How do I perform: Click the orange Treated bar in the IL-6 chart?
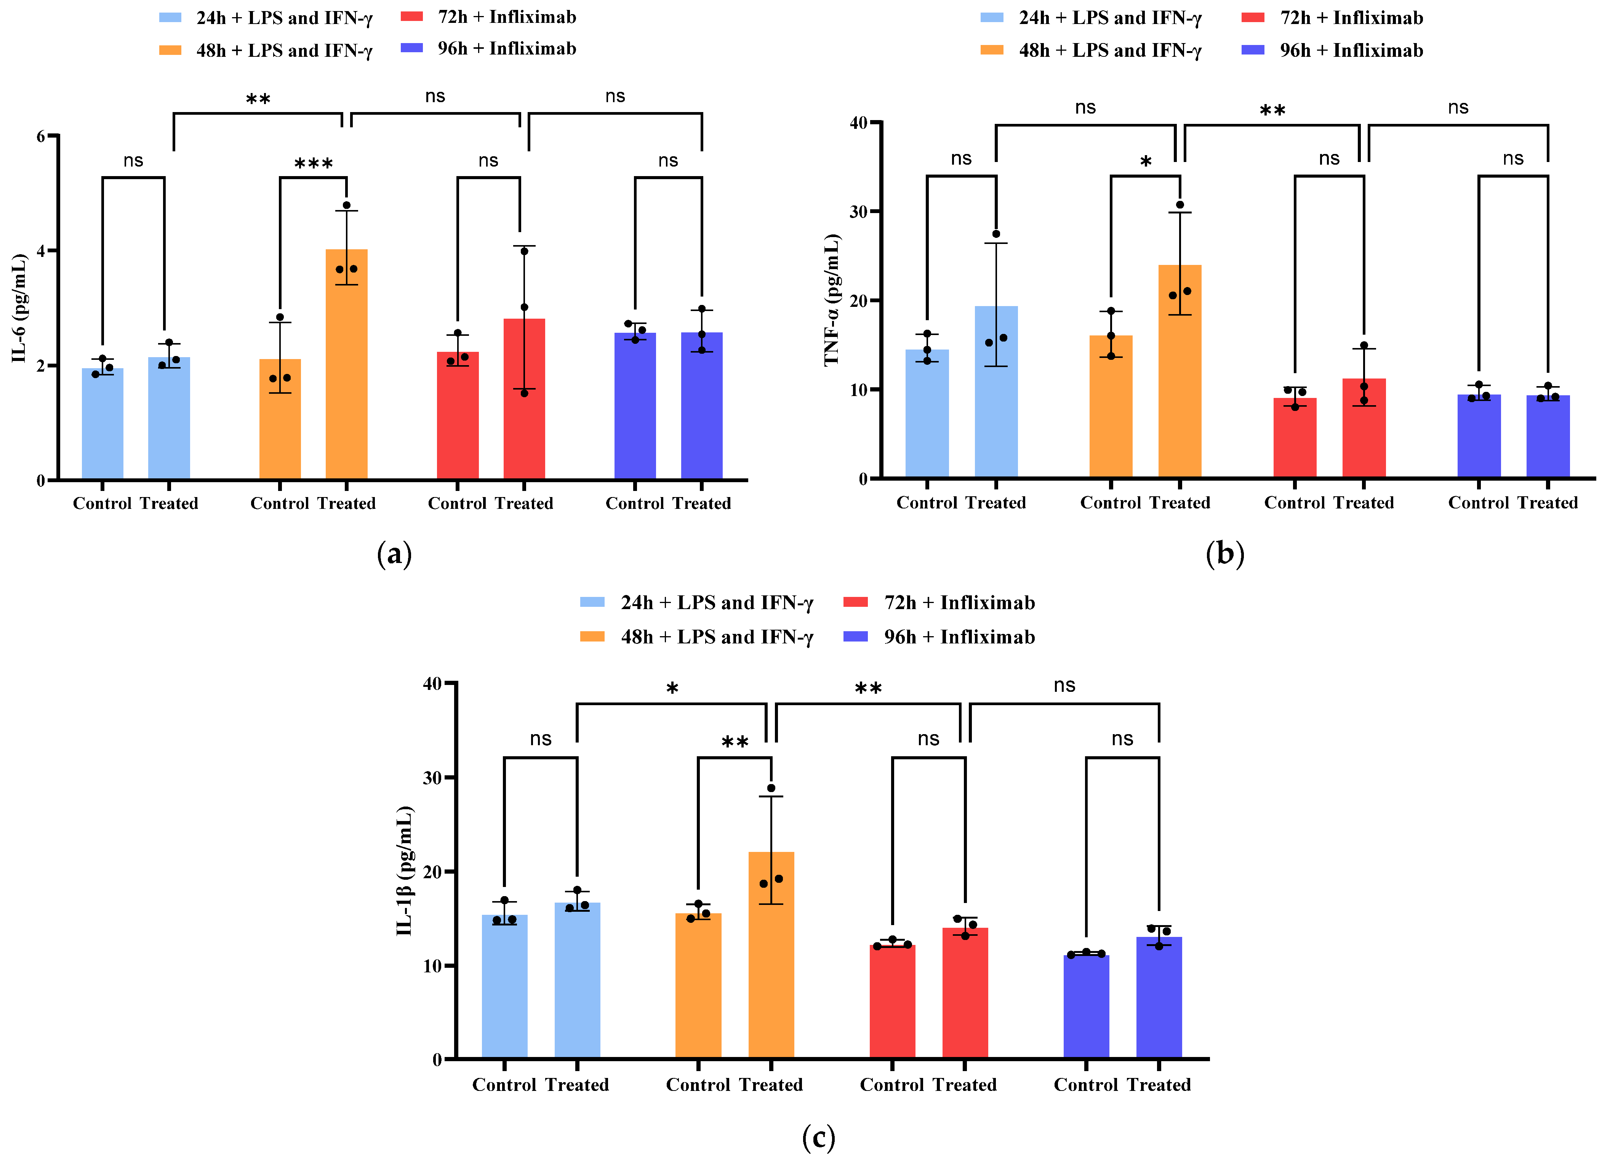[346, 364]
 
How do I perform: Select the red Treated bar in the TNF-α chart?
[1364, 428]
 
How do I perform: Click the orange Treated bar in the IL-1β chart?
[771, 955]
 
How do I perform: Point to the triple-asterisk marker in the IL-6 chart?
[314, 165]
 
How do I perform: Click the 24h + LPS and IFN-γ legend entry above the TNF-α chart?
[1091, 18]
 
